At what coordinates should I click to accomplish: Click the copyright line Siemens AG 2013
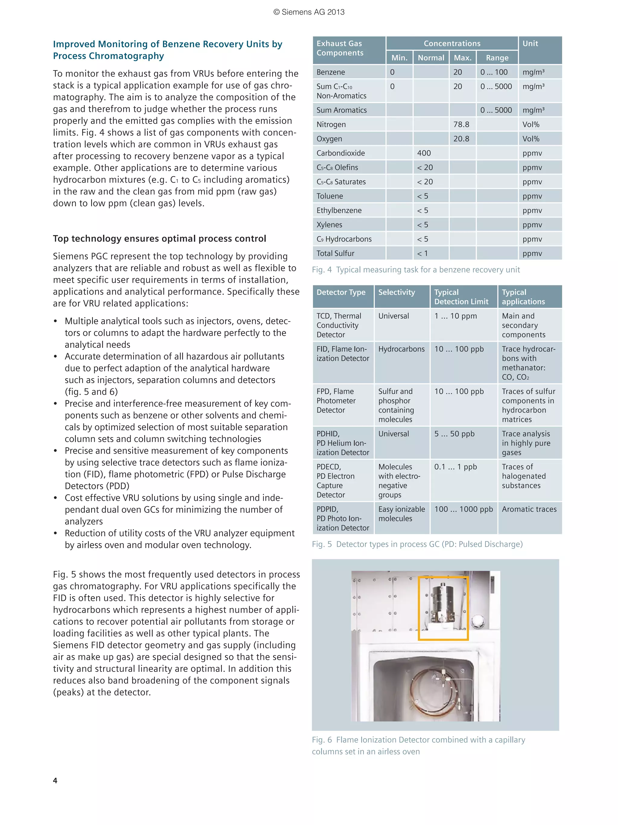[x=309, y=12]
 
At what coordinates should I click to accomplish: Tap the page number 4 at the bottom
[x=55, y=781]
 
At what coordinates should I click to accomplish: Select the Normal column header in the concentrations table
[x=431, y=58]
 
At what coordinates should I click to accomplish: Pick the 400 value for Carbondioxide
[x=424, y=153]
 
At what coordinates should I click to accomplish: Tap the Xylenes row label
[x=329, y=225]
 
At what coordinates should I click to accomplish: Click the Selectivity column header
[x=396, y=292]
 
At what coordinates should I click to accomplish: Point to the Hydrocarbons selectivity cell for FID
[x=401, y=349]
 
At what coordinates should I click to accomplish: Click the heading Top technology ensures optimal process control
[x=159, y=239]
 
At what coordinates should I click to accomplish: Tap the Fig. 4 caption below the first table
[x=416, y=270]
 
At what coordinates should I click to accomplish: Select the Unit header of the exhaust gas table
[x=530, y=44]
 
